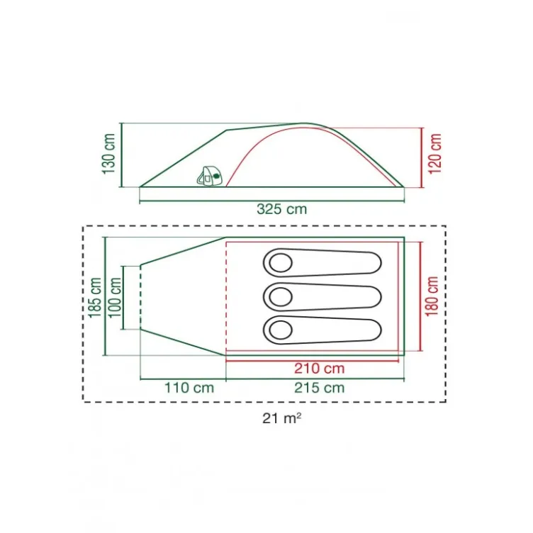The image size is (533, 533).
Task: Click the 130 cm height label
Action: pos(109,154)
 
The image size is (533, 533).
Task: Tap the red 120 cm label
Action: pos(434,154)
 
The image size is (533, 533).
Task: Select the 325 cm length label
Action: pos(282,209)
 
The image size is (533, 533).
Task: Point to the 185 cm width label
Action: pos(95,298)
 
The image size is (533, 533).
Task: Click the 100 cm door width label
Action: pos(115,298)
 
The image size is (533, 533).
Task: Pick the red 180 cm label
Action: pos(432,296)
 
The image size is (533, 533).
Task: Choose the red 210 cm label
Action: pos(320,368)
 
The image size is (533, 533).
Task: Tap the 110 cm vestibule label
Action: pos(189,388)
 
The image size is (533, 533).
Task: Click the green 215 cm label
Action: pos(320,388)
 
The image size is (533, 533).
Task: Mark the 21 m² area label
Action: pos(282,418)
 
